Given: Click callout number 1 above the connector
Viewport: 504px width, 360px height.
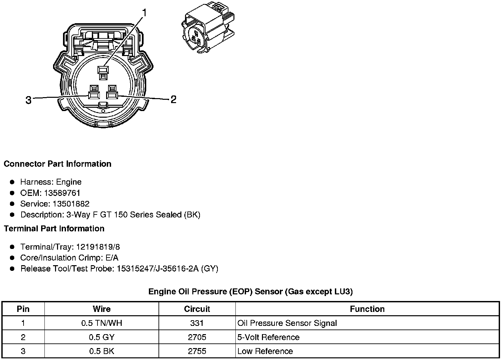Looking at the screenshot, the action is point(144,13).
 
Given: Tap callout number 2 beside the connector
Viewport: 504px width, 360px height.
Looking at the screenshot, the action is point(173,99).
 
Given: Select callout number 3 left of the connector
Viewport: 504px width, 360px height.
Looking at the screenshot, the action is point(29,100).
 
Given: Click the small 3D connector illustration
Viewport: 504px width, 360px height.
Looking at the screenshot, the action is point(208,29).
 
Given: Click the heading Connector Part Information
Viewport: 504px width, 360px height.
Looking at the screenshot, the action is point(57,164).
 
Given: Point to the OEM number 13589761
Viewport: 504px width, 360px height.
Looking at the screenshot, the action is point(62,193).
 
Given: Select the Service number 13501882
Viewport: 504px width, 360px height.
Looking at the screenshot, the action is point(71,204).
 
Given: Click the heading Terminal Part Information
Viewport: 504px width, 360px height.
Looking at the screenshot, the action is point(54,228).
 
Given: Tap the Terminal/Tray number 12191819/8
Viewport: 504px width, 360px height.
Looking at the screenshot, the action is point(98,247).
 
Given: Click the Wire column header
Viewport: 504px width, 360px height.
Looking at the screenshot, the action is point(101,309).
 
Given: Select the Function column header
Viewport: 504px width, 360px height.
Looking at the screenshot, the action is point(367,309).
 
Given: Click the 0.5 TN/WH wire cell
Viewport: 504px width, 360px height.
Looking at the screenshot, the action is point(101,323).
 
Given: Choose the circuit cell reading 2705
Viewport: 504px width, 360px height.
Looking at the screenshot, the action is point(197,337).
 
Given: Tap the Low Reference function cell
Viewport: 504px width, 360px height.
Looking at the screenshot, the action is point(265,351).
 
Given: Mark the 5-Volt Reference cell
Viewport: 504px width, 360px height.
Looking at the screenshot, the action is point(269,337).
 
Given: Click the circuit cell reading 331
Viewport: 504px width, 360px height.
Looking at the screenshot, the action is point(197,323).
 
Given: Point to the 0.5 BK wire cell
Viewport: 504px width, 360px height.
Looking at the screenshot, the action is point(101,351).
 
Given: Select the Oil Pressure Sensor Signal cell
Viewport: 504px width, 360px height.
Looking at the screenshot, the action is point(287,323).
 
